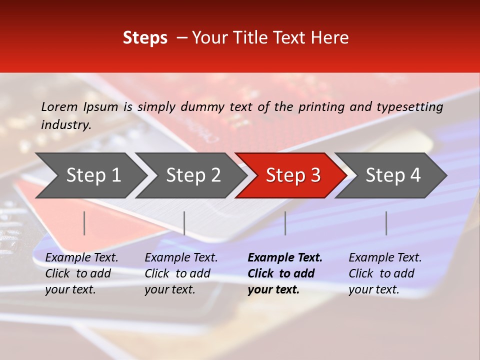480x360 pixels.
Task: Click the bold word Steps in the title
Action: click(x=145, y=38)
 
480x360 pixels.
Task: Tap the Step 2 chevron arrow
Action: click(x=192, y=175)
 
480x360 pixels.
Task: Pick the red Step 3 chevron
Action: click(x=292, y=175)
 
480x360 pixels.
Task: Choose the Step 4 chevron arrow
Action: click(x=392, y=175)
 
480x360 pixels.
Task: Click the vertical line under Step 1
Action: click(x=84, y=223)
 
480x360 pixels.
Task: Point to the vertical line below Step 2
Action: click(x=184, y=223)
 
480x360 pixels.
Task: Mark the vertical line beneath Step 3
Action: click(x=285, y=223)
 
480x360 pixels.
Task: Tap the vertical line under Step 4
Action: click(x=386, y=223)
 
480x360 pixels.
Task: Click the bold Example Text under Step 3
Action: click(x=285, y=258)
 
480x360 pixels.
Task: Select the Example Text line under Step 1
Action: click(x=81, y=258)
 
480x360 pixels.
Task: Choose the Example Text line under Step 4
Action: click(x=385, y=258)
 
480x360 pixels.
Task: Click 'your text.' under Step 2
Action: click(x=170, y=289)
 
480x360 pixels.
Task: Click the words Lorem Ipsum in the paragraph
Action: click(x=79, y=107)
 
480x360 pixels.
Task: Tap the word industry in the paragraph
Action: click(x=66, y=125)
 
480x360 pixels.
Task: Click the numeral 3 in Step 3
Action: click(x=315, y=175)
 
